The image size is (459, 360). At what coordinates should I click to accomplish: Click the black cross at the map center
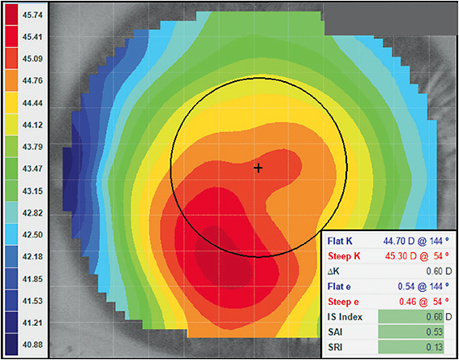point(259,168)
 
